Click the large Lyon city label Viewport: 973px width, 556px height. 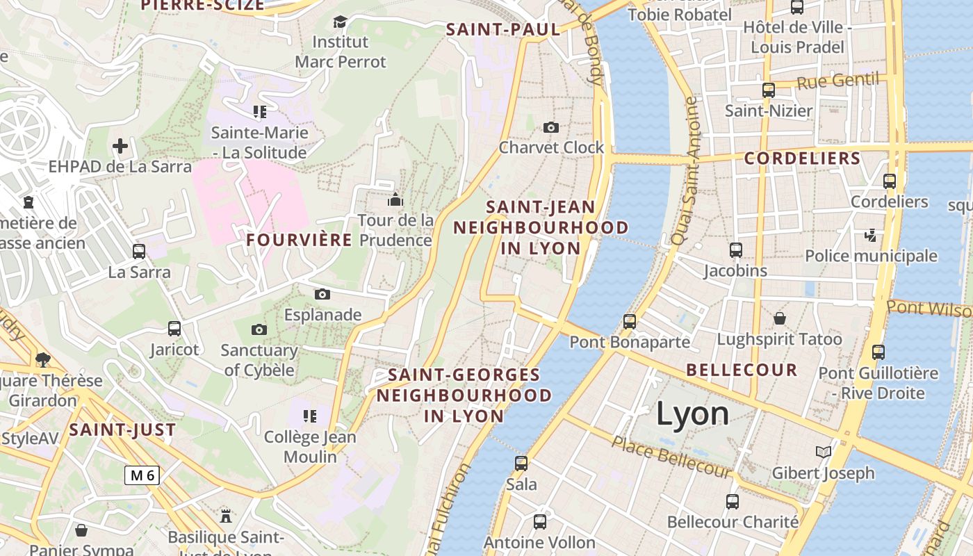click(x=693, y=414)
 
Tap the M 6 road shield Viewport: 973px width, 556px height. click(x=142, y=475)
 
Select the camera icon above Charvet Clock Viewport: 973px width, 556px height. click(x=551, y=127)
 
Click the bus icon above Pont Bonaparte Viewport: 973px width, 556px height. click(x=630, y=321)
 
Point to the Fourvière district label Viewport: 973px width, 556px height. click(x=300, y=240)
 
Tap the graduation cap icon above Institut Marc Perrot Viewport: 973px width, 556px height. click(x=340, y=22)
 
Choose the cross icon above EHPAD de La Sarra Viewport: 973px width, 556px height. click(x=120, y=146)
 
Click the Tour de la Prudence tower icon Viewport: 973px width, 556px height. click(x=395, y=200)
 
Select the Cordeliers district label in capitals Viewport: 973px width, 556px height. click(x=803, y=158)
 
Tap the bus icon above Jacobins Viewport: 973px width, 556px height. click(x=736, y=250)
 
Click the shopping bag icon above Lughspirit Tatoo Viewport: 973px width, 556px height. click(x=780, y=318)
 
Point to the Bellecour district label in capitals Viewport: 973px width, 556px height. click(x=742, y=370)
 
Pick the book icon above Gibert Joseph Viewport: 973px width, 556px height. click(x=824, y=452)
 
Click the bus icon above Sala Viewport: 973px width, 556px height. click(x=521, y=464)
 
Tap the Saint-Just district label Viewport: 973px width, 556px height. click(x=122, y=430)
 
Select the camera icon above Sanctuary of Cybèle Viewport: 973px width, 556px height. click(x=259, y=329)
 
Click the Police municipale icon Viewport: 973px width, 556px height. click(x=871, y=236)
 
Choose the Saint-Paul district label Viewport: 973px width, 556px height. click(x=503, y=29)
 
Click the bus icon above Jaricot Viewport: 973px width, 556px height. click(x=174, y=329)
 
